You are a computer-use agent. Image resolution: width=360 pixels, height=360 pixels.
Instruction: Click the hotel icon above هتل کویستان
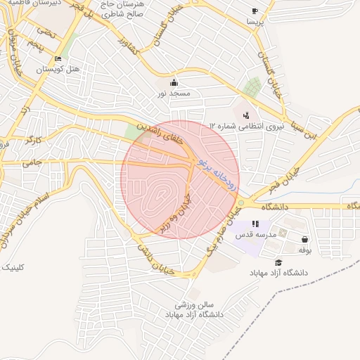coord(58,59)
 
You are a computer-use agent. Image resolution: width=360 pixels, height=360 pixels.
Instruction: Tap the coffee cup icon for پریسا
coord(255,11)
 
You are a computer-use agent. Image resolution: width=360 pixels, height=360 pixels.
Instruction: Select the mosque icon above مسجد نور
coord(174,82)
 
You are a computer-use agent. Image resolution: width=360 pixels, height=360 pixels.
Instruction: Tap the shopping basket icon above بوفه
coord(304,239)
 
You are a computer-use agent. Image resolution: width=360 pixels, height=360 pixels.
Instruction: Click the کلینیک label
coord(13,267)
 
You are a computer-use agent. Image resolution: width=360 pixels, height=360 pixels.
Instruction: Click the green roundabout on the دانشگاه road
coord(241,203)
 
